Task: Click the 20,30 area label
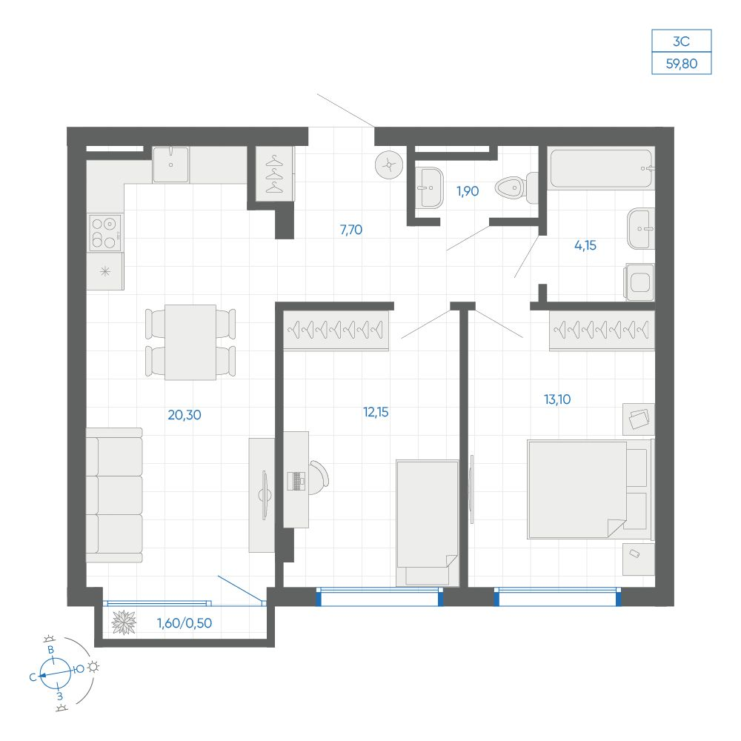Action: click(185, 415)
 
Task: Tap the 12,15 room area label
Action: click(376, 412)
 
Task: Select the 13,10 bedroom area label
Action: click(557, 399)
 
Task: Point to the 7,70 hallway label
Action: click(351, 230)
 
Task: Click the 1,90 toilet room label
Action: click(468, 191)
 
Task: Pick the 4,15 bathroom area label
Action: click(585, 245)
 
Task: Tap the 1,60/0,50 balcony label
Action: click(185, 623)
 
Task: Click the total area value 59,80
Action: click(682, 63)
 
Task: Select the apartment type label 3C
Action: click(681, 41)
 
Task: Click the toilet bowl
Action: click(516, 187)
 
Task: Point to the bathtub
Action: click(602, 169)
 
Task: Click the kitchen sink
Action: click(170, 165)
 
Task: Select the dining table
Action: click(190, 342)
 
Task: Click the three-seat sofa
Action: click(114, 495)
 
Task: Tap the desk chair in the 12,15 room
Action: click(319, 478)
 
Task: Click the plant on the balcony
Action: click(124, 622)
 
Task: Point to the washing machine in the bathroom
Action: click(640, 282)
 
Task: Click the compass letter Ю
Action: click(79, 668)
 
